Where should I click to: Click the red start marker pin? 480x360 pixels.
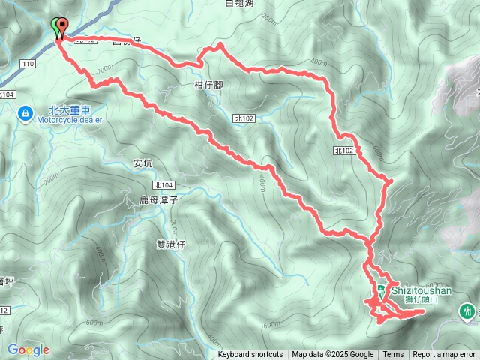point(61,26)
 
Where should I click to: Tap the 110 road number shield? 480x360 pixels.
point(28,64)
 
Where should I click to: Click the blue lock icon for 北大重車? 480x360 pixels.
point(25,113)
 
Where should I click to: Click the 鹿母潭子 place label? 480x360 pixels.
point(157,200)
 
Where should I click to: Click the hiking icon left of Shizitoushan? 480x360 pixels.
point(382,290)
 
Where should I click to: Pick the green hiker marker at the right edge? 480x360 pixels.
point(469,310)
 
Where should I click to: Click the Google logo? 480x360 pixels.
point(28,349)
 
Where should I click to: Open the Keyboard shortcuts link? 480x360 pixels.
point(250,355)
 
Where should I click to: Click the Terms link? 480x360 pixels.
point(393,355)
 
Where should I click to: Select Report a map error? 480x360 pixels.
point(443,355)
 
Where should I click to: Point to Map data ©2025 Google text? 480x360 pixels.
point(332,355)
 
